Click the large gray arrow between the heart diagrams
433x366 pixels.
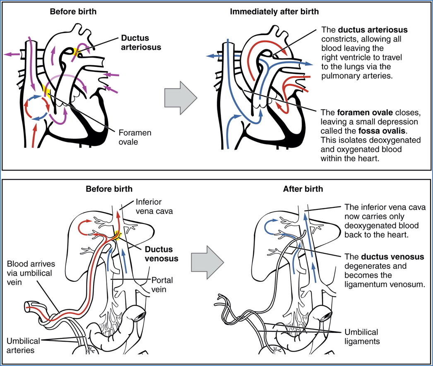180,99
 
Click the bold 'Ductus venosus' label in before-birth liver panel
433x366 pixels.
161,254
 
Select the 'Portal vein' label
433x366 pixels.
162,285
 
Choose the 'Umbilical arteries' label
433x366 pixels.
23,346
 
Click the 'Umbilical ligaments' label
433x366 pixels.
362,337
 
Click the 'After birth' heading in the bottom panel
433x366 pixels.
303,189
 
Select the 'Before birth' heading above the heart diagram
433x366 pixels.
73,12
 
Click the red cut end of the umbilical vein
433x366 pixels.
28,306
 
